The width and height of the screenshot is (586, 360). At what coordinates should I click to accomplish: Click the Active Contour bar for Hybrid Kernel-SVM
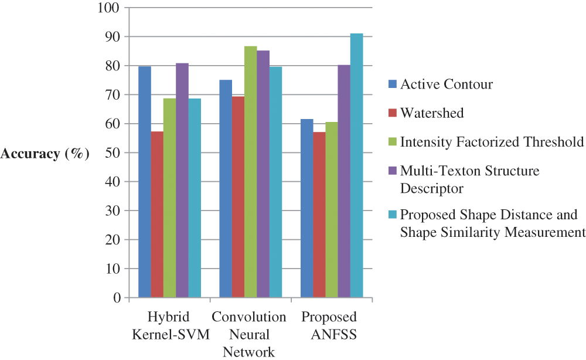(x=145, y=182)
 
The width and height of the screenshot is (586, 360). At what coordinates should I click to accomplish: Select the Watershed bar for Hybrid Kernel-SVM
(x=157, y=215)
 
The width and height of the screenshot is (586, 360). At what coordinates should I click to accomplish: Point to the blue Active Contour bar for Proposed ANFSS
(x=306, y=208)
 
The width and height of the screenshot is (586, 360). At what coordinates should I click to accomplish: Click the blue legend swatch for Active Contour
(x=393, y=84)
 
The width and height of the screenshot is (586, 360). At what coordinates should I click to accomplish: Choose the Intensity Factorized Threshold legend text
(x=492, y=142)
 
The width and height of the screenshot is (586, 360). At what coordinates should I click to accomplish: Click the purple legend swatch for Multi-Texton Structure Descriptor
(x=393, y=171)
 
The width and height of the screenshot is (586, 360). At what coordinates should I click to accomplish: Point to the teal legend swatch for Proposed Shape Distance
(x=393, y=215)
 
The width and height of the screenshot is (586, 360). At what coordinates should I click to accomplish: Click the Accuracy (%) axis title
(x=45, y=154)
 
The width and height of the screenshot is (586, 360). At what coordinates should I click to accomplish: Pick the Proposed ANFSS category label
(x=329, y=325)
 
